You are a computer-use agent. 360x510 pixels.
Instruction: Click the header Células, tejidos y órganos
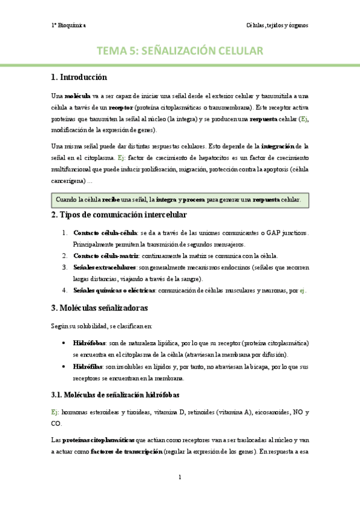pyautogui.click(x=277, y=25)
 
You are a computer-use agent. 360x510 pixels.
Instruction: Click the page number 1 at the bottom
pyautogui.click(x=180, y=478)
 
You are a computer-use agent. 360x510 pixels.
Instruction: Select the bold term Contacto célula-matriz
pyautogui.click(x=105, y=256)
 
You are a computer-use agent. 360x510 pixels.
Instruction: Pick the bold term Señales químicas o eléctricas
pyautogui.click(x=113, y=290)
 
